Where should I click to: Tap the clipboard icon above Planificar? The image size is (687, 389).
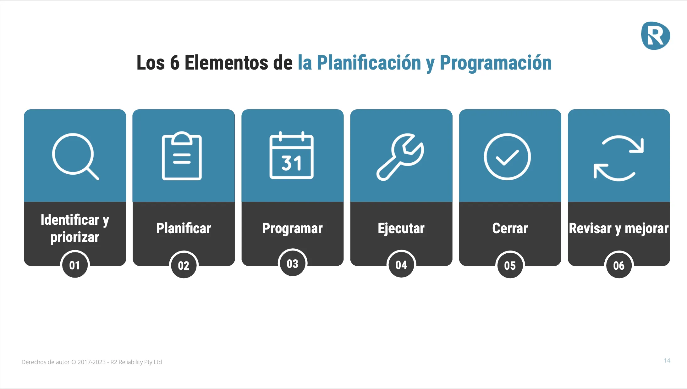point(182,156)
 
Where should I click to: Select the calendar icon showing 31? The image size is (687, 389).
point(291,155)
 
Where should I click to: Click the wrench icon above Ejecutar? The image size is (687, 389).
point(400,157)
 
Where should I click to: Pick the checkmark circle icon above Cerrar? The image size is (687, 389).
point(507,157)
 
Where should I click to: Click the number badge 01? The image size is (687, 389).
point(75,265)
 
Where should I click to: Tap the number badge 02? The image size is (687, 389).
point(184,265)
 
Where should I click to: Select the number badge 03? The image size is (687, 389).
point(293,263)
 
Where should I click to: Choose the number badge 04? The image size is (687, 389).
point(401,265)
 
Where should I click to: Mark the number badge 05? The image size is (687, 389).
point(510,265)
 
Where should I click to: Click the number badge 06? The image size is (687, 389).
point(619,265)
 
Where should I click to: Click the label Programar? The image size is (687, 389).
point(293,228)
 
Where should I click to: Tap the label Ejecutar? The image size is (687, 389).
point(401,228)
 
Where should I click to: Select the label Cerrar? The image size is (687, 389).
point(510,228)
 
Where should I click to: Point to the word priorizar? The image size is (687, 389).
point(75,237)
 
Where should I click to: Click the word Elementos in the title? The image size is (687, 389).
point(226,62)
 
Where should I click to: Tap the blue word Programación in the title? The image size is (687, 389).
point(496,63)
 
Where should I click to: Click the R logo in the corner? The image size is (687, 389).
point(656,36)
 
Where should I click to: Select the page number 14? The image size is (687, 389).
point(667,360)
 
